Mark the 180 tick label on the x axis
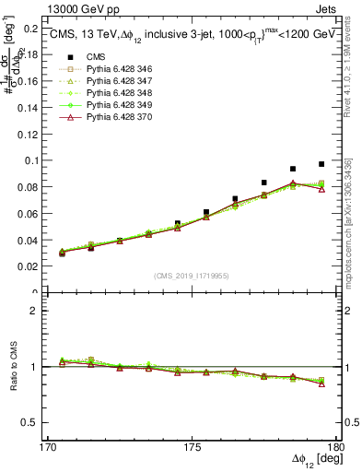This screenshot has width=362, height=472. pos(336,447)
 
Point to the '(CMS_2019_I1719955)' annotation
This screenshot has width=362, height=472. pos(192,275)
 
